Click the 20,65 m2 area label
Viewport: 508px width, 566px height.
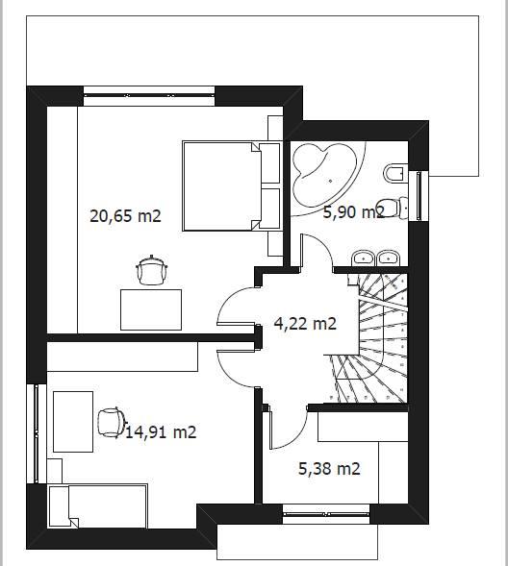(x=125, y=216)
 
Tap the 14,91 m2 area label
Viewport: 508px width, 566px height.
(x=161, y=432)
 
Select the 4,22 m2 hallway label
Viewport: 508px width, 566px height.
(x=305, y=323)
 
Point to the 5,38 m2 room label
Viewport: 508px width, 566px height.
(x=329, y=469)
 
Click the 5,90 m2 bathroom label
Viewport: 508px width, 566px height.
(x=353, y=211)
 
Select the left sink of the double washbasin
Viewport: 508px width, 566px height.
(x=363, y=258)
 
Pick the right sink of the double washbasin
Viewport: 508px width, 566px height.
(x=388, y=258)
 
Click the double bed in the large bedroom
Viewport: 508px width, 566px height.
(x=232, y=185)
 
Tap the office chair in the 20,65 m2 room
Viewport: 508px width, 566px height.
(x=152, y=271)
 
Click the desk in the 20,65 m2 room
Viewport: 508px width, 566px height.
(x=151, y=309)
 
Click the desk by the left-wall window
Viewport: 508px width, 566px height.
(x=73, y=422)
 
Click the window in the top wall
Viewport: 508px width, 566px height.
(x=149, y=96)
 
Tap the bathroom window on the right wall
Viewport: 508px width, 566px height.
(x=419, y=196)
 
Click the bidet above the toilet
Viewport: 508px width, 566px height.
(x=394, y=174)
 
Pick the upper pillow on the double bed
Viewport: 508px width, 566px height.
(x=269, y=163)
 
